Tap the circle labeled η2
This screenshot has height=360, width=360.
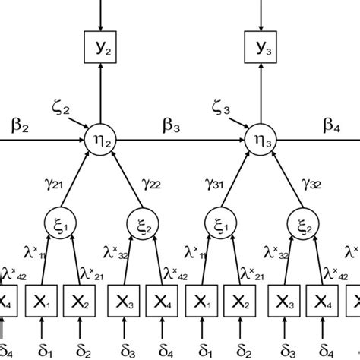click(x=99, y=140)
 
